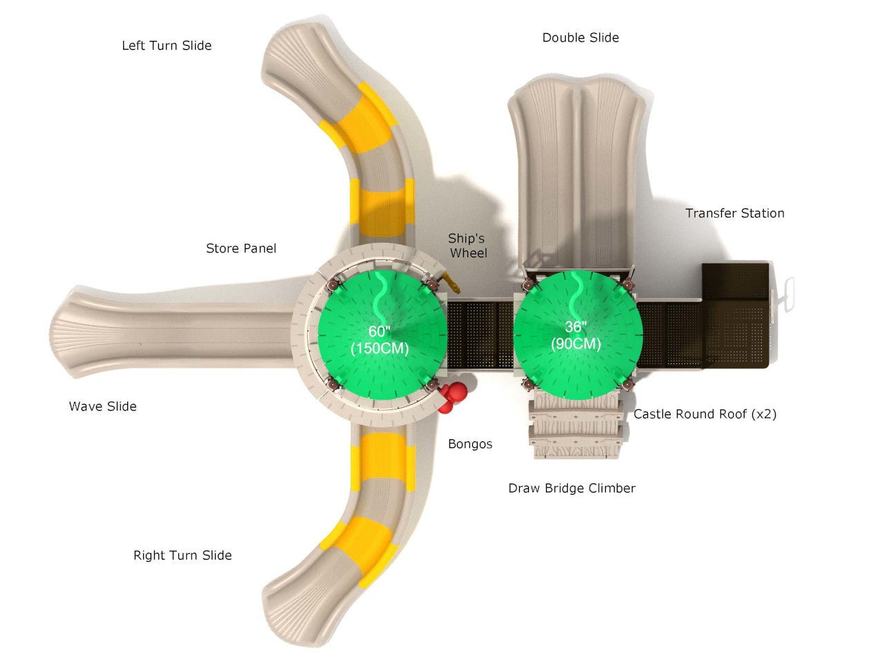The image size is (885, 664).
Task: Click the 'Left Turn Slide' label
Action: [167, 46]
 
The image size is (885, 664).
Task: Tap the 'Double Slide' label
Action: [580, 37]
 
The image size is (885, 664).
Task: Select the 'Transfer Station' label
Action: [734, 213]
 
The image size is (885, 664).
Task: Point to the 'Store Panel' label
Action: [241, 248]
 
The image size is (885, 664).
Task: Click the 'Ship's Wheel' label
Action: [467, 246]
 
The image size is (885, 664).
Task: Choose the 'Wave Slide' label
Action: [102, 407]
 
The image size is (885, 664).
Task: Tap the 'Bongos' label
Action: [470, 444]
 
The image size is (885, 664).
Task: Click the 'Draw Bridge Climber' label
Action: [571, 488]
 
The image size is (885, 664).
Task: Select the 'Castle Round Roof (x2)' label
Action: [705, 414]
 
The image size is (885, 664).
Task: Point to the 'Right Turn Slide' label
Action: [183, 555]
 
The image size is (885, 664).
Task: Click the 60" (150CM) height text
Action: [380, 340]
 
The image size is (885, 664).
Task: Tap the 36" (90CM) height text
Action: [576, 335]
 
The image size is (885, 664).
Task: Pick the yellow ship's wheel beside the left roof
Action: [451, 282]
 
